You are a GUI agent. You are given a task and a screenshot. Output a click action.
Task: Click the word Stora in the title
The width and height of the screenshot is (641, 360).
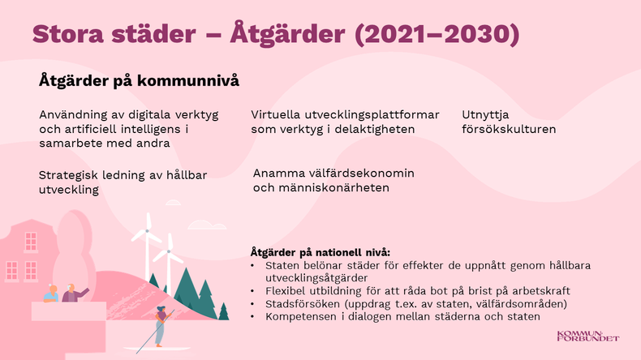click(68, 33)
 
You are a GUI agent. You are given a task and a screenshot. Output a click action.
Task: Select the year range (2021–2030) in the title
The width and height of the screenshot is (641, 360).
click(437, 34)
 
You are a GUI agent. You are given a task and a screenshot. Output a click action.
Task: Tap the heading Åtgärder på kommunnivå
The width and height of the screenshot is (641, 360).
click(139, 81)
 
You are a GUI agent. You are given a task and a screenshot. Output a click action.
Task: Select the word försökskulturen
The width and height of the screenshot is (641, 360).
click(509, 129)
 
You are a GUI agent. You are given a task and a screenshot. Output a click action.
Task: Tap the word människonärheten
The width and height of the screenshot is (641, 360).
click(334, 188)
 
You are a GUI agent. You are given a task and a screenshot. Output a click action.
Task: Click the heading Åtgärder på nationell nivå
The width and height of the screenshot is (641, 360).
click(320, 252)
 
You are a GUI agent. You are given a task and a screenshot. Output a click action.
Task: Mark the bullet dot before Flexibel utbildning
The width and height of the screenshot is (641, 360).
click(252, 291)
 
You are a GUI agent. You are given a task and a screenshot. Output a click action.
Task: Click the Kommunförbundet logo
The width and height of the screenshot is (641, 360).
click(588, 336)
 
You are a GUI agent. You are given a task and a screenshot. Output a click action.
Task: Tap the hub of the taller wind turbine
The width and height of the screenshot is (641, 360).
click(147, 231)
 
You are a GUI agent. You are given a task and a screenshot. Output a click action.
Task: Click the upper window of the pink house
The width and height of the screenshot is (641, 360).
click(31, 242)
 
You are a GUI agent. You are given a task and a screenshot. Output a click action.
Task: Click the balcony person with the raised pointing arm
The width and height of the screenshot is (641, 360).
click(74, 293)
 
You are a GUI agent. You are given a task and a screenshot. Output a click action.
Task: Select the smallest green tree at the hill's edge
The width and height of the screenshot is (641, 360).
click(224, 311)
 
